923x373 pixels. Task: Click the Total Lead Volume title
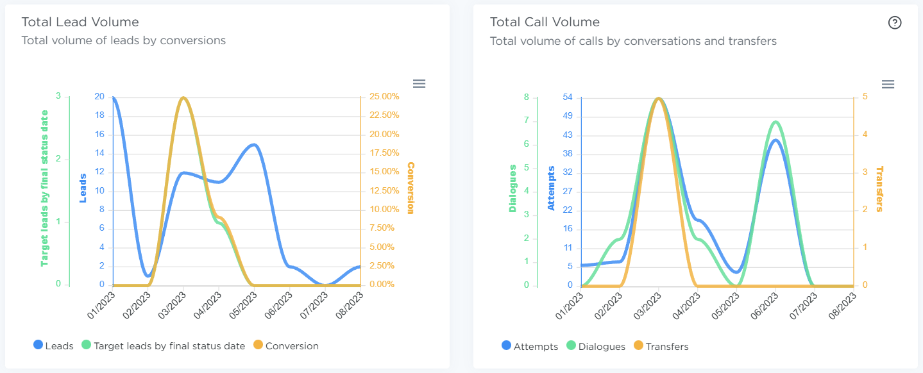[x=80, y=22]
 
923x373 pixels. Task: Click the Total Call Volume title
[x=545, y=22]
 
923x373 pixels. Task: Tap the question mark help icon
[x=895, y=22]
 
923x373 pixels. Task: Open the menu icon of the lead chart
[x=419, y=83]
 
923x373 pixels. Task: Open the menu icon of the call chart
[x=888, y=85]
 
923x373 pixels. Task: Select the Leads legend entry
[x=53, y=345]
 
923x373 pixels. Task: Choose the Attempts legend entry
[x=530, y=346]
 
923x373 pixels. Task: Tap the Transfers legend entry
[x=660, y=346]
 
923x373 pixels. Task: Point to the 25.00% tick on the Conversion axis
[x=384, y=97]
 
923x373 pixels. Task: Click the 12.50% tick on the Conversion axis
[x=384, y=190]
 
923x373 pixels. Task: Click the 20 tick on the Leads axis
[x=99, y=97]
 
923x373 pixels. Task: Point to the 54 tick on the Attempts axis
[x=567, y=97]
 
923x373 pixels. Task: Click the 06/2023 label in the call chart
[x=767, y=306]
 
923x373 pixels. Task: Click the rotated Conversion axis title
[x=411, y=188]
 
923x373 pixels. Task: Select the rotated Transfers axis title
[x=879, y=189]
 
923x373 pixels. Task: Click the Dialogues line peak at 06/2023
[x=776, y=122]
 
